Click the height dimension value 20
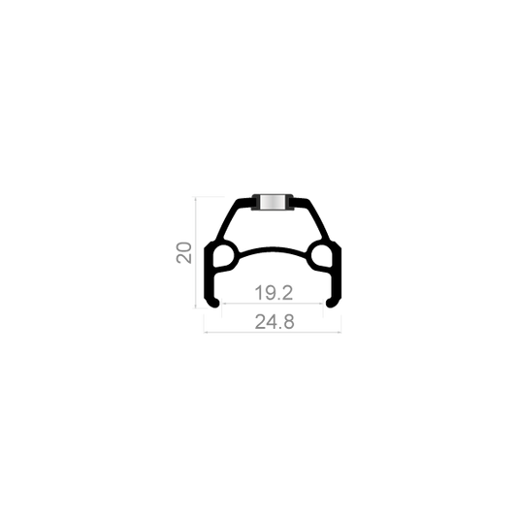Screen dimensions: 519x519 pyautogui.click(x=184, y=253)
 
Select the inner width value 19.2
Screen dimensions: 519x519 pyautogui.click(x=274, y=293)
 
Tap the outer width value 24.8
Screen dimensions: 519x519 pyautogui.click(x=275, y=322)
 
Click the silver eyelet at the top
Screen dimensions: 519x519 pyautogui.click(x=272, y=202)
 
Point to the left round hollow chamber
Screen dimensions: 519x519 pyautogui.click(x=224, y=256)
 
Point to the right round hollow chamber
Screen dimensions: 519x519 pyautogui.click(x=321, y=256)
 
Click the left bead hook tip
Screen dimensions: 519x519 pyautogui.click(x=216, y=303)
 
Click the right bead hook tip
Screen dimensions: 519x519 pyautogui.click(x=329, y=303)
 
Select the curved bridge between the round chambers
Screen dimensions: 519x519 pyautogui.click(x=273, y=249)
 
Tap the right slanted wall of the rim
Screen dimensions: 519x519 pyautogui.click(x=319, y=220)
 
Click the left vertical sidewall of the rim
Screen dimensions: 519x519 pyautogui.click(x=209, y=275)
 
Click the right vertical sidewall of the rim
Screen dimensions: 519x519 pyautogui.click(x=337, y=275)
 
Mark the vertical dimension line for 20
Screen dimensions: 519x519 pyautogui.click(x=196, y=252)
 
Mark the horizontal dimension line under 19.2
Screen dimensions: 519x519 pyautogui.click(x=273, y=303)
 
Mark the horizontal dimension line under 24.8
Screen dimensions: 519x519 pyautogui.click(x=273, y=332)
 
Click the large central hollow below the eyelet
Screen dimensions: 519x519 pyautogui.click(x=273, y=228)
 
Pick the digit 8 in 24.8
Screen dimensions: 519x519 pyautogui.click(x=288, y=322)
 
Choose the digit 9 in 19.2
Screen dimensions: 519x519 pyautogui.click(x=269, y=293)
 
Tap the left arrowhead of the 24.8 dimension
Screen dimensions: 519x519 pyautogui.click(x=206, y=332)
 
